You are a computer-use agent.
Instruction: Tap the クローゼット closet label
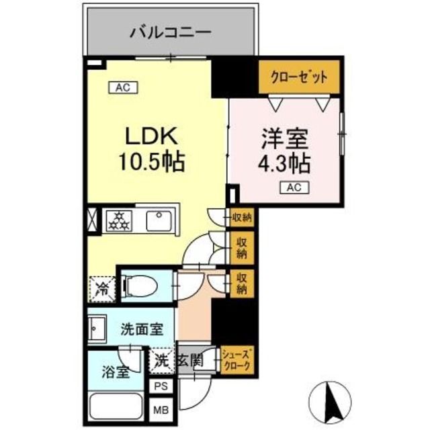point(299,77)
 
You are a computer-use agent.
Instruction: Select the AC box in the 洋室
point(294,188)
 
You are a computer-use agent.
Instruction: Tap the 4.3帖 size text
point(284,163)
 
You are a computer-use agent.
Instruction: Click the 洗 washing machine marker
point(161,359)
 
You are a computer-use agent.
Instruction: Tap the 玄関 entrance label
point(190,361)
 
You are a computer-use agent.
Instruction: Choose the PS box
point(161,386)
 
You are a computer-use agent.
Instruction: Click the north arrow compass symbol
point(331,402)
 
